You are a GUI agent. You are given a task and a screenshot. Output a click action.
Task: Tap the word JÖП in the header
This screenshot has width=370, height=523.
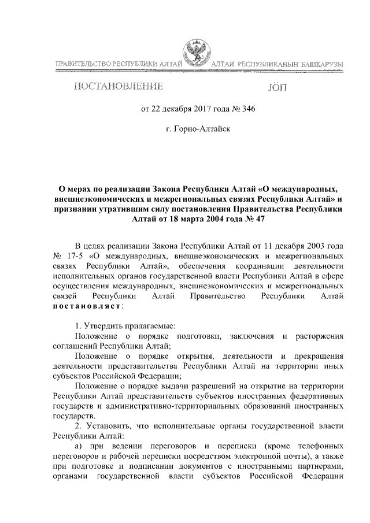278,87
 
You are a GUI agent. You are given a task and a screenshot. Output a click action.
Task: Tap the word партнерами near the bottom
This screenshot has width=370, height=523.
322,472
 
